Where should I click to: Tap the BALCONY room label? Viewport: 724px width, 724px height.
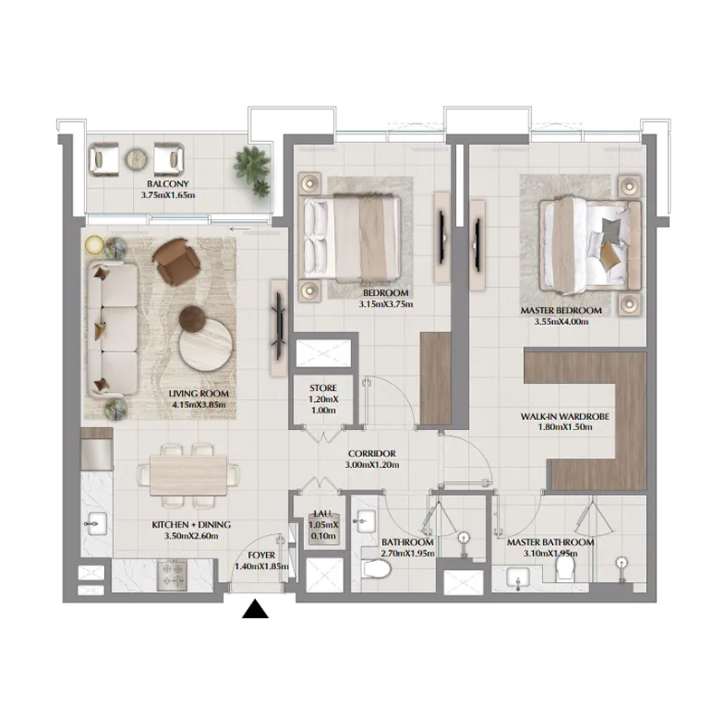click(163, 182)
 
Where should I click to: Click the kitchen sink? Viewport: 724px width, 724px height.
click(95, 522)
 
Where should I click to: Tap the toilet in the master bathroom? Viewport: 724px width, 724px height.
click(567, 567)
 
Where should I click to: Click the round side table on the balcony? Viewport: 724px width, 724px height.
click(136, 159)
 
